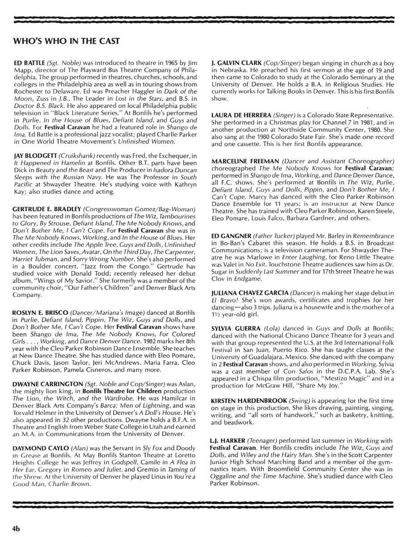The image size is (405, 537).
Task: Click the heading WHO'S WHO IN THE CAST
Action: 67,41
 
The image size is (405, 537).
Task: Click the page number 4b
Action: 17,528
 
